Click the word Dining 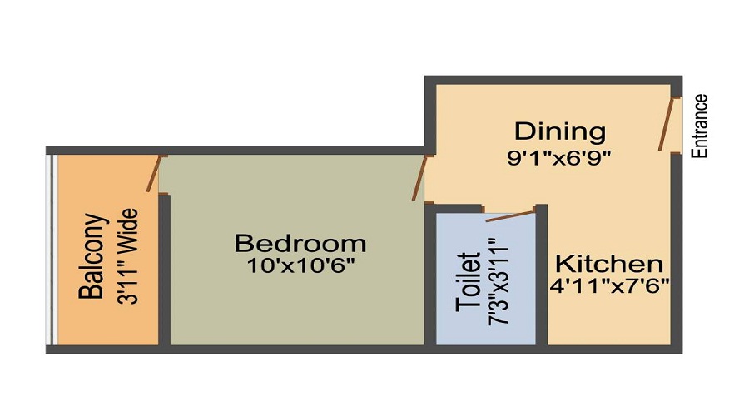point(560,131)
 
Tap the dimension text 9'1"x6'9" point(559,157)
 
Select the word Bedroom point(300,243)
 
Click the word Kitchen point(609,264)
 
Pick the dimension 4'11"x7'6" point(609,286)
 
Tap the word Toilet point(468,282)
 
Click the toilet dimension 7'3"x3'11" point(498,282)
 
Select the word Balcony point(91,256)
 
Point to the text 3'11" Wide point(127,256)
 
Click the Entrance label point(700,126)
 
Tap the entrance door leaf point(667,124)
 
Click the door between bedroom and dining point(419,178)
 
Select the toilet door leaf point(509,215)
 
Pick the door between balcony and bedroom point(154,174)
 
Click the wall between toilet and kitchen point(541,275)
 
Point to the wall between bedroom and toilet point(430,274)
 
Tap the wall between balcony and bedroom point(164,269)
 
